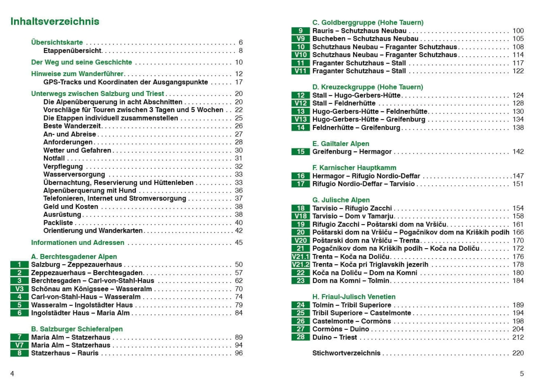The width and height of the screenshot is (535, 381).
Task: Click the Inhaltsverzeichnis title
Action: coord(55,21)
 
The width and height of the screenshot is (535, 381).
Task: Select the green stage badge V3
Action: coord(19,289)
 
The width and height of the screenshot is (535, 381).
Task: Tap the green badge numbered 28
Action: coord(300,337)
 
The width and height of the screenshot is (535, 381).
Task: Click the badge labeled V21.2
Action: coord(300,264)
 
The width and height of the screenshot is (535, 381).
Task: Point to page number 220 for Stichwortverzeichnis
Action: coord(518,353)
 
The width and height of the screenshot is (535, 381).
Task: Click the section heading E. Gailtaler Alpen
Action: coord(340,144)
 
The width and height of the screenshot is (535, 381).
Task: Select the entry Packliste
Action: coord(58,223)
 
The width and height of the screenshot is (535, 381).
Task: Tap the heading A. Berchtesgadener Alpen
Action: coord(74,256)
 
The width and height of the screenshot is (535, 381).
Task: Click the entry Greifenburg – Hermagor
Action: coord(352,152)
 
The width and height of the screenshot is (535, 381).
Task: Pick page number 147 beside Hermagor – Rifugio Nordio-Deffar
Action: coord(518,176)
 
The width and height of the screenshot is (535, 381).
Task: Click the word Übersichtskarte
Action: coord(57,42)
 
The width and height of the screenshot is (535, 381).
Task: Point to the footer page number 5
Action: coord(521,374)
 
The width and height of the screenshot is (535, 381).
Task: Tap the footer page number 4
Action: coord(12,374)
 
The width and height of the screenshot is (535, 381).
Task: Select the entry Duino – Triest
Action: coord(334,337)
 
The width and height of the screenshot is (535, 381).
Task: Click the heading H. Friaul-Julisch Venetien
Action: coord(354,297)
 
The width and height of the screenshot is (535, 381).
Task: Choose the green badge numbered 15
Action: coord(300,152)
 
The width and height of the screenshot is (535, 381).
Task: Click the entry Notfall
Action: coord(54,158)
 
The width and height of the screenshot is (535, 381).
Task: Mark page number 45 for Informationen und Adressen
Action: coord(239,242)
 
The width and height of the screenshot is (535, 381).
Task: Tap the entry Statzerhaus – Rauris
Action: coord(65,353)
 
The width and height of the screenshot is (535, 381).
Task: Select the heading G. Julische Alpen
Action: coord(341,200)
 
